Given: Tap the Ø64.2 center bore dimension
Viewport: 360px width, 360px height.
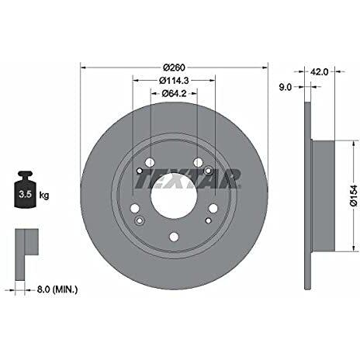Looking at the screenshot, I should pyautogui.click(x=175, y=95).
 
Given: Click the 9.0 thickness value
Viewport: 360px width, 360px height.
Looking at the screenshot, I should pyautogui.click(x=284, y=88).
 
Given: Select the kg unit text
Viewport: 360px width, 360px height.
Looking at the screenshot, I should pyautogui.click(x=43, y=196).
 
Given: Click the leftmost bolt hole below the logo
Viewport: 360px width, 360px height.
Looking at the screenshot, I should pyautogui.click(x=133, y=208).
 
